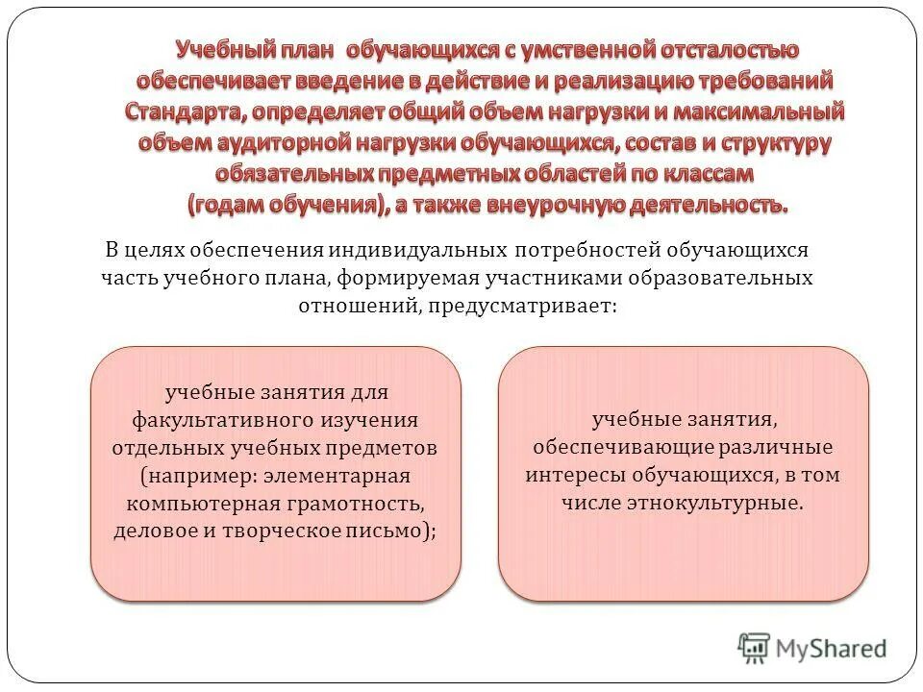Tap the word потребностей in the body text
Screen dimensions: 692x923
[584, 251]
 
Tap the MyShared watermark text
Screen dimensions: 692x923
[833, 649]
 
